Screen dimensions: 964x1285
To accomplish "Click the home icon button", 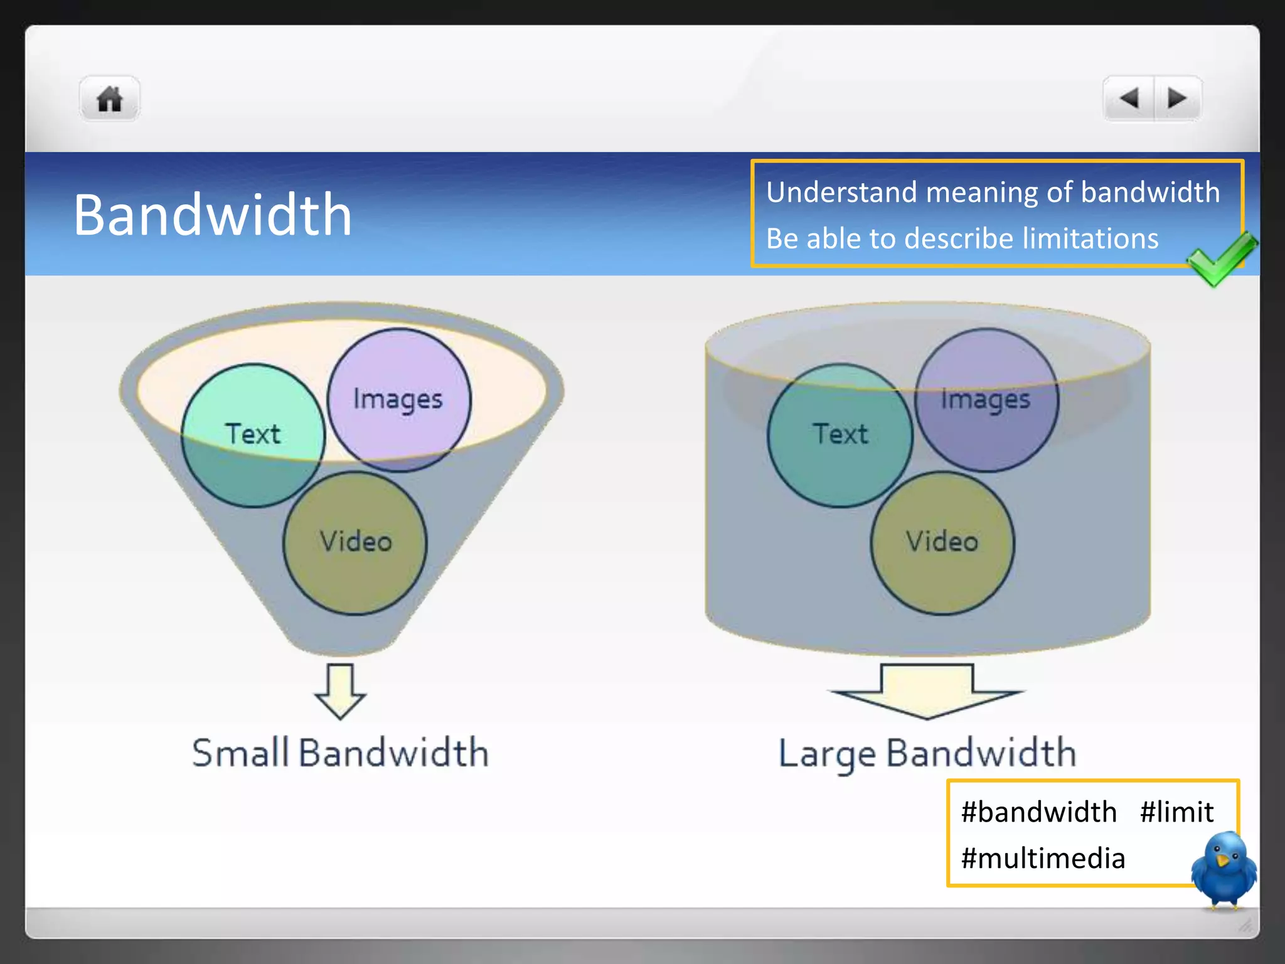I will point(109,99).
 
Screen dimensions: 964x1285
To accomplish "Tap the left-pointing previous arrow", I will point(1129,99).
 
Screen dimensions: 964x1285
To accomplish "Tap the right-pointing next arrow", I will point(1177,99).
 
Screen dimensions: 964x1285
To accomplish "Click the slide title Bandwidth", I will point(212,215).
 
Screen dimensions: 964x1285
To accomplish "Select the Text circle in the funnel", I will point(253,435).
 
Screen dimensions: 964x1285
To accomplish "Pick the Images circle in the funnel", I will point(398,399).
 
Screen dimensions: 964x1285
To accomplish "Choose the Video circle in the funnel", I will point(355,542).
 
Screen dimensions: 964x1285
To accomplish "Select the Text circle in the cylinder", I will point(840,435).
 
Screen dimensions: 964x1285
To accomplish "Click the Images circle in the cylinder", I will point(986,399).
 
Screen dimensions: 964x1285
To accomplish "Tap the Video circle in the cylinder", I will point(942,542).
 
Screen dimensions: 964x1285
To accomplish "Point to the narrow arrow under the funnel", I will point(340,691).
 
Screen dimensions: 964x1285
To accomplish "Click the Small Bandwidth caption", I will point(340,752).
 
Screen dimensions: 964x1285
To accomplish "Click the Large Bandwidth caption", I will point(927,753).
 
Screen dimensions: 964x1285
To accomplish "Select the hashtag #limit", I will point(1176,812).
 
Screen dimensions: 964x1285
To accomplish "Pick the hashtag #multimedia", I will point(1043,859).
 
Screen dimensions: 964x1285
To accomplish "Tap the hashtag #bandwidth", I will point(1039,812).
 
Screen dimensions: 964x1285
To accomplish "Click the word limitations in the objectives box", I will point(1090,239).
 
